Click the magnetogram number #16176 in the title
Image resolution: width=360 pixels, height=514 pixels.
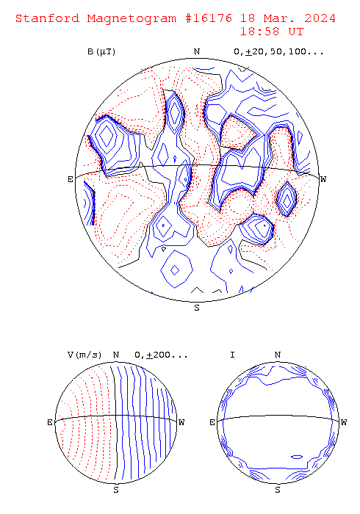[209, 18]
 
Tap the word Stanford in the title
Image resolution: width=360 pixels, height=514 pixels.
[47, 18]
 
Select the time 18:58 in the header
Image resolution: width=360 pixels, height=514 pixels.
[259, 32]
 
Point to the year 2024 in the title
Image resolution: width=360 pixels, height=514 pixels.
[320, 18]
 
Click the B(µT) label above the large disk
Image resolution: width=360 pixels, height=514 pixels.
[101, 52]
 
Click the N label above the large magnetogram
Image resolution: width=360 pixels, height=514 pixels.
[197, 51]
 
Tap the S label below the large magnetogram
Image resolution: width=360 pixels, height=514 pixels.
[197, 308]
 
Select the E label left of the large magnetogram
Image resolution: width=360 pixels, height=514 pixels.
[71, 179]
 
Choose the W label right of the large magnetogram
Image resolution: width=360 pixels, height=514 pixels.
[323, 179]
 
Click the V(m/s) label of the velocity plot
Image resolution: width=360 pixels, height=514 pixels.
[84, 355]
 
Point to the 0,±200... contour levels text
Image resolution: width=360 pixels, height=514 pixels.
[161, 355]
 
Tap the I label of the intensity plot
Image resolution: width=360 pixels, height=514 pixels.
[232, 355]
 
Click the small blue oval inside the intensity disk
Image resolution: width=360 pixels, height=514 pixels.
[297, 457]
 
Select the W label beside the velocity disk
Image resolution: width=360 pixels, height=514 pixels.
[181, 422]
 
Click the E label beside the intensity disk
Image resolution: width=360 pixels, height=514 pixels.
[212, 422]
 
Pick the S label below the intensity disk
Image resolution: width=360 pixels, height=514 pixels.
[278, 490]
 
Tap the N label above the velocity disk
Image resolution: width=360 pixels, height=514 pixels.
[116, 355]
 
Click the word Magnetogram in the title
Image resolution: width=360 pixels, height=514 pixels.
[132, 18]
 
